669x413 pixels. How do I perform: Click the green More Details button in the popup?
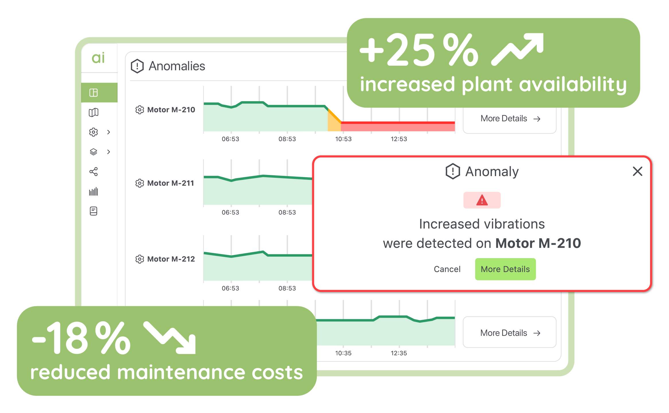505,269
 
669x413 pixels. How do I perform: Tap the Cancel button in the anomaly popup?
447,269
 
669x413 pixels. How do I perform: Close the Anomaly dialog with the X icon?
637,171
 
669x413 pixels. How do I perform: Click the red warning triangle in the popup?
482,200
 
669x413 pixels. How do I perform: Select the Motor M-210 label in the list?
171,110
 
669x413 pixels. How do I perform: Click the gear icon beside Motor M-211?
139,183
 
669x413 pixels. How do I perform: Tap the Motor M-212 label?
171,259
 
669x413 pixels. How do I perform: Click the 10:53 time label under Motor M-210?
343,139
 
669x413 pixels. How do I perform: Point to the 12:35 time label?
399,353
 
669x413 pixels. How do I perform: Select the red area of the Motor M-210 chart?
399,126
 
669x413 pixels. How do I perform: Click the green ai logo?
98,58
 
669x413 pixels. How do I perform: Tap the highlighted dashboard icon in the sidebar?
93,93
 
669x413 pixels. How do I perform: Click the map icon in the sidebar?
93,112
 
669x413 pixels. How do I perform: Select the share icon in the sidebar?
93,172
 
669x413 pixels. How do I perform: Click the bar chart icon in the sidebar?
93,192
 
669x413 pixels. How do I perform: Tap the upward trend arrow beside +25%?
518,49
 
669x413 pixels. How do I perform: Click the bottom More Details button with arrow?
509,333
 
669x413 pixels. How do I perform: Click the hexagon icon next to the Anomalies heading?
137,66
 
